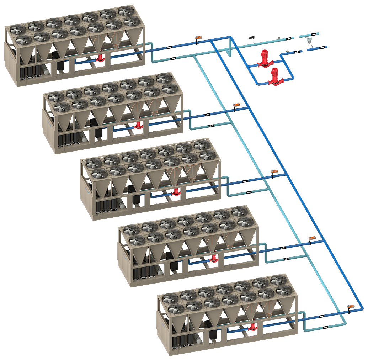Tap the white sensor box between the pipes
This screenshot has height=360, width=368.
point(309,39)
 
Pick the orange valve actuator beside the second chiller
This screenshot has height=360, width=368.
point(236,105)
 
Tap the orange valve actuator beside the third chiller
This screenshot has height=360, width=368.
point(274,171)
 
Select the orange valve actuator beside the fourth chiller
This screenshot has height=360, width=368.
point(312,238)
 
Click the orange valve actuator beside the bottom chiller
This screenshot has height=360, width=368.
point(351,306)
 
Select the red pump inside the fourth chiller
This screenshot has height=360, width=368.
point(213,258)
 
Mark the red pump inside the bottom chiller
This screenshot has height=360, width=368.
point(252,327)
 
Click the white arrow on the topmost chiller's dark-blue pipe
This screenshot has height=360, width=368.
point(169,47)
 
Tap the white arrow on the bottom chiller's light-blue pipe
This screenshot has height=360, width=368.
point(325,327)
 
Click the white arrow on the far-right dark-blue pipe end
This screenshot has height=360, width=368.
point(322,47)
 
